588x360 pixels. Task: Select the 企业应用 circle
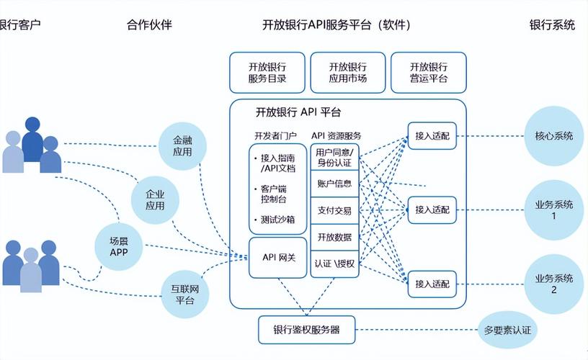[x=155, y=199]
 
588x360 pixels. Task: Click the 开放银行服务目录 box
[x=267, y=72]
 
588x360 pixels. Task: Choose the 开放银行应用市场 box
[x=347, y=72]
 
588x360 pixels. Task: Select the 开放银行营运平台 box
[x=429, y=72]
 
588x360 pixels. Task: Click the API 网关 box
[x=278, y=257]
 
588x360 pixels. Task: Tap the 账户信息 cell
[x=334, y=183]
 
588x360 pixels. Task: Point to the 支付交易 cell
[x=334, y=210]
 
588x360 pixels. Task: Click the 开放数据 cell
[x=334, y=237]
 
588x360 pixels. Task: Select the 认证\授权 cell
[x=334, y=264]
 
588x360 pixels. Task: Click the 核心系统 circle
[x=553, y=135]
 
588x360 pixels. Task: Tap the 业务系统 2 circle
[x=553, y=284]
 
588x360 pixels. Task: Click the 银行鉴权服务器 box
[x=306, y=330]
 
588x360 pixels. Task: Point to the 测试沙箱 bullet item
[x=277, y=220]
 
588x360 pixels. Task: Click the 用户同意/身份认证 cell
[x=334, y=156]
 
